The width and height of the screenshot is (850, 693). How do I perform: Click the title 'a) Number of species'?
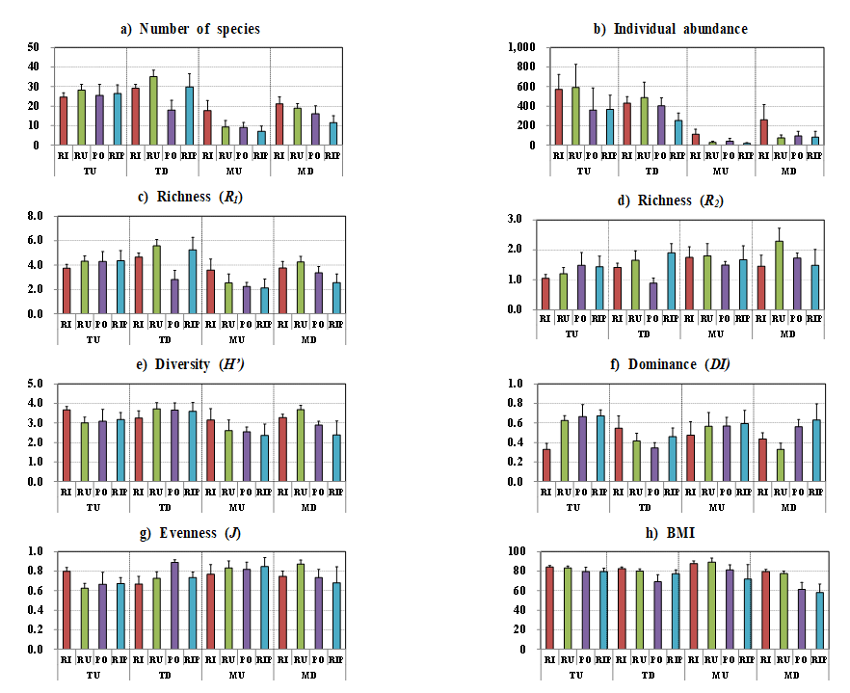pyautogui.click(x=190, y=28)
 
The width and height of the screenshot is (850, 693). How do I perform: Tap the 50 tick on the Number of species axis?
pyautogui.click(x=34, y=47)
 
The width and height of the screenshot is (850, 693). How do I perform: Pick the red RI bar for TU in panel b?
pyautogui.click(x=558, y=117)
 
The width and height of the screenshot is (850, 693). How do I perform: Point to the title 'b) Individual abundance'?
pyautogui.click(x=670, y=28)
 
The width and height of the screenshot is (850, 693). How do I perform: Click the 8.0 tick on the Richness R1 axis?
pyautogui.click(x=34, y=216)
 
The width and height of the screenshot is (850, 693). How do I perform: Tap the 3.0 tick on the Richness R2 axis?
pyautogui.click(x=516, y=220)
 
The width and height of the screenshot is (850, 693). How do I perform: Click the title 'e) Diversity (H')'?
pyautogui.click(x=190, y=366)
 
